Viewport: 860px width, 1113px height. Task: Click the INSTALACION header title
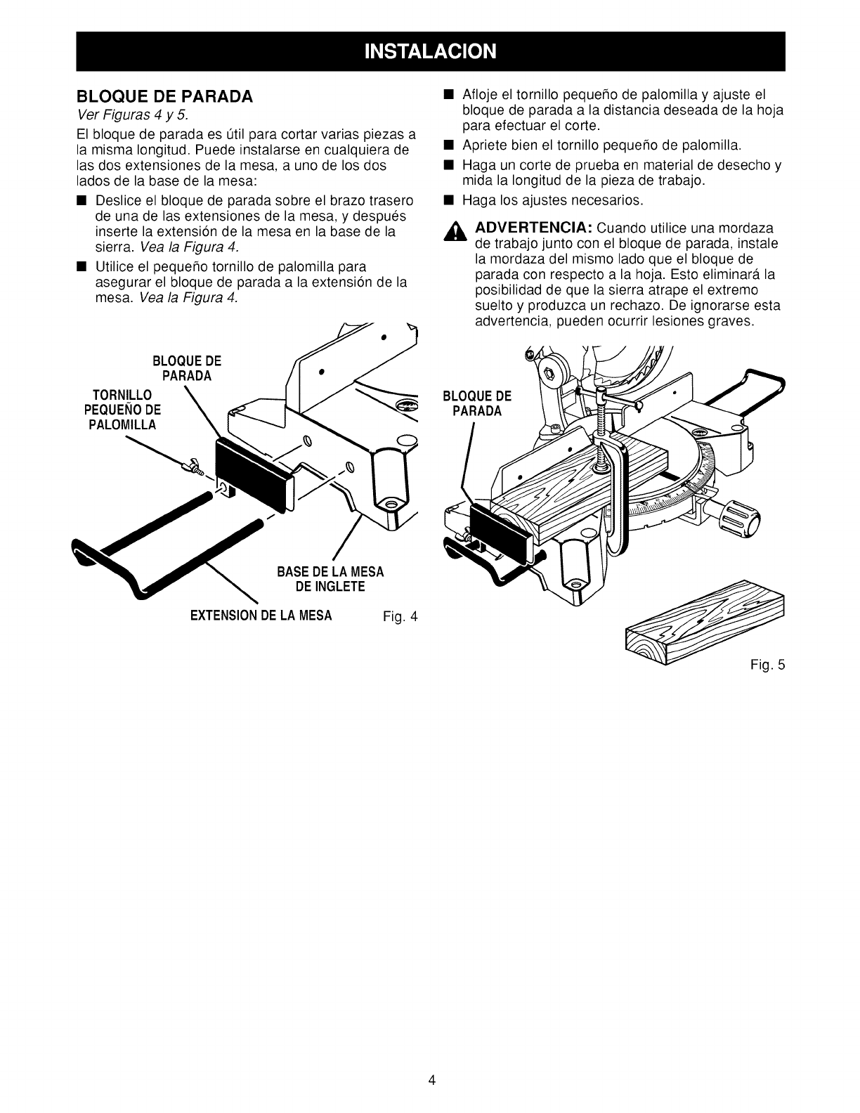pos(430,51)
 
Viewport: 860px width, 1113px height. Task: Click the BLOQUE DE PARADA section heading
pos(164,96)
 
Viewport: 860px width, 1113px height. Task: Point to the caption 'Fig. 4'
pos(400,618)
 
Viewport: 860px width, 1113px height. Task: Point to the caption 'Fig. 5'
pos(766,663)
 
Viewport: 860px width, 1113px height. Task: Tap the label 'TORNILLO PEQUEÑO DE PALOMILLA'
pos(124,410)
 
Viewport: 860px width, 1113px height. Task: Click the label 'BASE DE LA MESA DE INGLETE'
pos(330,579)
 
